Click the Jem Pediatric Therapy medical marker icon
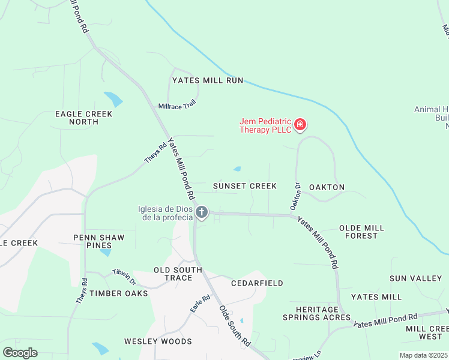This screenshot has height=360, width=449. point(300,125)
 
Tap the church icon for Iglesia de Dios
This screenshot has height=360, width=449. point(202,212)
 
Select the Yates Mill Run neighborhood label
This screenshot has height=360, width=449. point(208,80)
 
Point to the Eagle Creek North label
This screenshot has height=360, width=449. point(76,118)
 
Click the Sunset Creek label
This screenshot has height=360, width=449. point(244,186)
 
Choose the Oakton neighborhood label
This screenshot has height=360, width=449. point(327,187)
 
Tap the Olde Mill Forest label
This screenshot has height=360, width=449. point(361,232)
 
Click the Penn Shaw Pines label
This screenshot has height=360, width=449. point(99,241)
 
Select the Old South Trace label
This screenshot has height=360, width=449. point(173,274)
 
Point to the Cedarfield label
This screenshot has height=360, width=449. point(257,283)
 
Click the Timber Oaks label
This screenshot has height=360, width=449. point(118,293)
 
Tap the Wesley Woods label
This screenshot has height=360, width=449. point(158,341)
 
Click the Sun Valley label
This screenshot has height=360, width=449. point(415,278)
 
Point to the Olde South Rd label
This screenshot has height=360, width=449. point(234,325)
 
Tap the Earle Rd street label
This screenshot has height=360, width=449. point(200,303)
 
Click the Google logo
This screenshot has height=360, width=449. point(20,353)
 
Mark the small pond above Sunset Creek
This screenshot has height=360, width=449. point(237,169)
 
